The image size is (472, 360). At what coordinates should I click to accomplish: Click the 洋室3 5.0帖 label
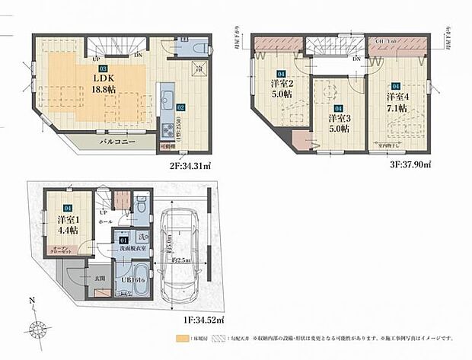coord(339,123)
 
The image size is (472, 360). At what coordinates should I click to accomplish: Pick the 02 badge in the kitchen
coord(181,107)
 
